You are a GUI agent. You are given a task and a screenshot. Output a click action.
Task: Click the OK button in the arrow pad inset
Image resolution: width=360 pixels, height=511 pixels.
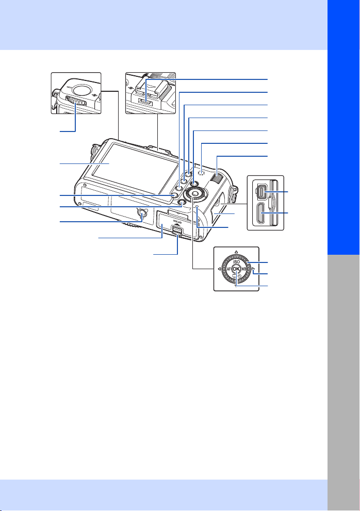(236, 269)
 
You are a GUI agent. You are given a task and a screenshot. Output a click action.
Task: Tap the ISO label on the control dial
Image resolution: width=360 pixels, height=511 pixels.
(236, 262)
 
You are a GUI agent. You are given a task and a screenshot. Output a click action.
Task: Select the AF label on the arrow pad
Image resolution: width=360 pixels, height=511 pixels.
(229, 269)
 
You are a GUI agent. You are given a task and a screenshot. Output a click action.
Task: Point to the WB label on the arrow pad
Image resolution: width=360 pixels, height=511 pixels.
(243, 269)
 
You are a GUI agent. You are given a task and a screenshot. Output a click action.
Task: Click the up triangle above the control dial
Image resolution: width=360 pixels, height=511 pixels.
(236, 252)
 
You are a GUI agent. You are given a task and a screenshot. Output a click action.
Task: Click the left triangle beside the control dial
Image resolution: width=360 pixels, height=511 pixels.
(219, 269)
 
